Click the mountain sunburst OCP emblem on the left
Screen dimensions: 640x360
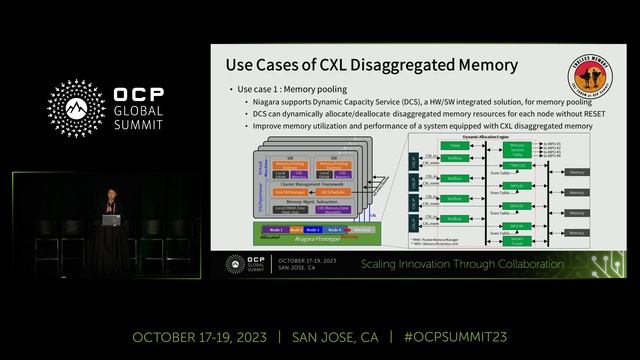pos(77,108)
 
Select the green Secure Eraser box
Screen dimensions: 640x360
pos(517,239)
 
